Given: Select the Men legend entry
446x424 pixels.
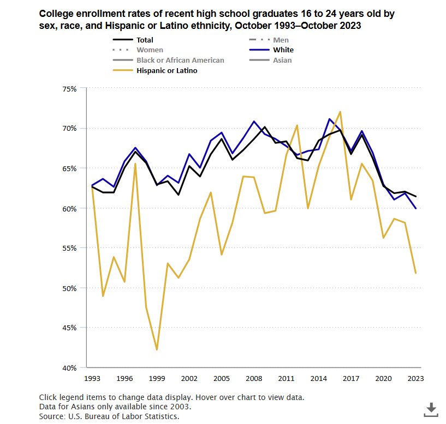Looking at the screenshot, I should coord(281,40).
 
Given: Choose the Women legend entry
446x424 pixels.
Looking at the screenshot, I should coord(150,50).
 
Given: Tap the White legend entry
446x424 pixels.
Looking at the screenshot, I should coord(283,50).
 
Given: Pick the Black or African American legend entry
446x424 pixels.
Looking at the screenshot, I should coord(180,60).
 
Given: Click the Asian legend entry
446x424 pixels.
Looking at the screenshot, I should coord(282,60).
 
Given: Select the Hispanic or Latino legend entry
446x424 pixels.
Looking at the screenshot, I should coord(167,70).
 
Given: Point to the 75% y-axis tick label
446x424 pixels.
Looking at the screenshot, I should coord(70,88).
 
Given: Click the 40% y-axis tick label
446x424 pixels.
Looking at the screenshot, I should coord(70,368).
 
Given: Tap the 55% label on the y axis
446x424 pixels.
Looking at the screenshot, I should coord(70,248).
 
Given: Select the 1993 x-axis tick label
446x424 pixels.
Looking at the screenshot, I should coord(92,378).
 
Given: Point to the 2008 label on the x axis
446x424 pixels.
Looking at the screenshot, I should coord(254,378).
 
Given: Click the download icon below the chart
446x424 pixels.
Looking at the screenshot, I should coord(431,409).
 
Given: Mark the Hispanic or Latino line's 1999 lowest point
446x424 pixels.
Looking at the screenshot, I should coord(157,349).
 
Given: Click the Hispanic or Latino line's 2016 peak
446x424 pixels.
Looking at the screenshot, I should coord(340,112).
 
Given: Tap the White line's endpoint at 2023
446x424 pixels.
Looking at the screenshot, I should coord(416,208).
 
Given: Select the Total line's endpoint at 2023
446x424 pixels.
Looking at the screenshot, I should coord(416,196).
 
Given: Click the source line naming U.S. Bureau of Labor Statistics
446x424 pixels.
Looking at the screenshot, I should coord(109,416).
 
